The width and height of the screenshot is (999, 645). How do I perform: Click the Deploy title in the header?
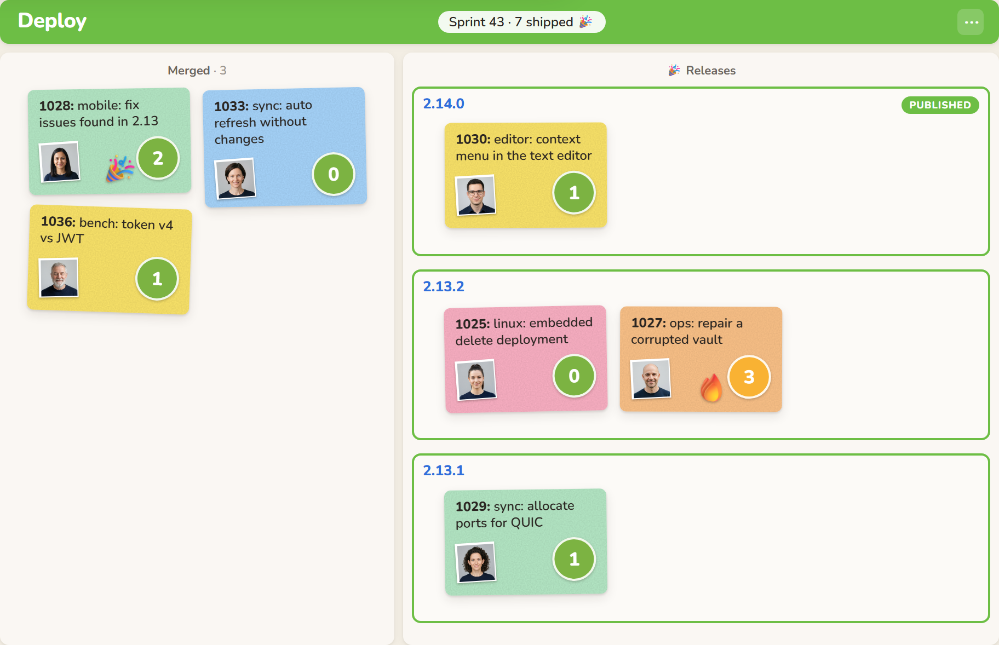point(52,21)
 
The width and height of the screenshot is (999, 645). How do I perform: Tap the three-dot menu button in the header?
point(971,22)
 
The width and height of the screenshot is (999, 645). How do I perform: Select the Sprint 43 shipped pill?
point(521,22)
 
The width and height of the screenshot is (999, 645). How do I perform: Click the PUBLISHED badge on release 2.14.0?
point(940,105)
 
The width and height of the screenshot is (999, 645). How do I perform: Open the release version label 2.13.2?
point(444,286)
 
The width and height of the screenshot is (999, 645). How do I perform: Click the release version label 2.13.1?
point(444,470)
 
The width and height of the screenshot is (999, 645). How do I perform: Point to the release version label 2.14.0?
point(444,103)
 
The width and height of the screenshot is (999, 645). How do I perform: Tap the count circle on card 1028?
point(158,158)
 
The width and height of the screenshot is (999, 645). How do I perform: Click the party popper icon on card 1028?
point(119,168)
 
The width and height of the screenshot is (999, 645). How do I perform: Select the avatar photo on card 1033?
point(235,178)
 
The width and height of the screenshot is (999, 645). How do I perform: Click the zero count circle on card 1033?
point(334,174)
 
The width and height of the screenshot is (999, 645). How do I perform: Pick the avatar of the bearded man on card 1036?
point(59,278)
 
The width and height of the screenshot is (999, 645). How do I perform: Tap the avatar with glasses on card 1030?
point(475,195)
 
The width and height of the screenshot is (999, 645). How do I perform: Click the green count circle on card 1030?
point(574,193)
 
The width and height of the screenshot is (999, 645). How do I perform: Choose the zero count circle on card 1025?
point(574,376)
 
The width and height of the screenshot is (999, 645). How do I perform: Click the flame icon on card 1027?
point(711,387)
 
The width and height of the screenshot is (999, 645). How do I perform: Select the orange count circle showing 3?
point(749,377)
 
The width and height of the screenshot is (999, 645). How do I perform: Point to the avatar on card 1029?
point(476,562)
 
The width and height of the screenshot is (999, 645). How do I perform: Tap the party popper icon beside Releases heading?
point(674,70)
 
